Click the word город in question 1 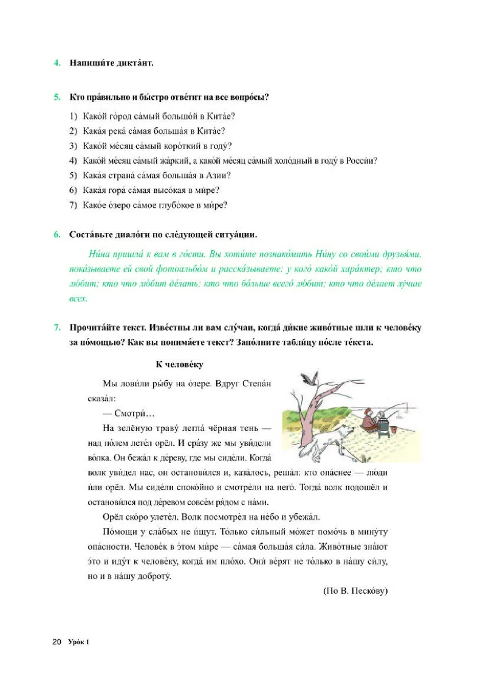pyautogui.click(x=113, y=116)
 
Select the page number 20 pyautogui.click(x=57, y=642)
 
